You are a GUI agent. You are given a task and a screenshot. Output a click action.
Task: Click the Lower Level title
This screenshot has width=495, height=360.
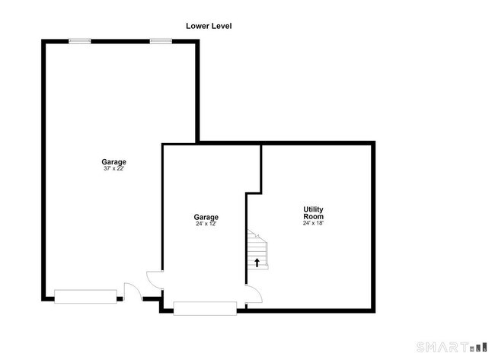tap(209, 26)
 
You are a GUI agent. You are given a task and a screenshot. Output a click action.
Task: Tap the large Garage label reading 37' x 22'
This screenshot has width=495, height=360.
tap(113, 162)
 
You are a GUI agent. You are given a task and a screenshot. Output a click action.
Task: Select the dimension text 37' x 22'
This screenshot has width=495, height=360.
tap(113, 168)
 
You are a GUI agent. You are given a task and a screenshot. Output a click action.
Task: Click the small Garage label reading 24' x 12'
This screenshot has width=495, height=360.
tap(206, 217)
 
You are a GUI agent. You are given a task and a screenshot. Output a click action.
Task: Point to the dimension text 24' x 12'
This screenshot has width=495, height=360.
tap(206, 224)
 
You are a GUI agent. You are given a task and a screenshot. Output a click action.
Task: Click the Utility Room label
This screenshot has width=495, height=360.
tap(313, 213)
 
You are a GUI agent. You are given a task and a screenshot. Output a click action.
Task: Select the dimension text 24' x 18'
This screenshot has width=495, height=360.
tap(313, 223)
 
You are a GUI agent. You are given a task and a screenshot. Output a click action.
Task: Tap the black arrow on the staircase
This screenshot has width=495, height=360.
tap(257, 263)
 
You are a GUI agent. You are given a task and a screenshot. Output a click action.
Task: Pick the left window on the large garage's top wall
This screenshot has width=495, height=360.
tap(80, 41)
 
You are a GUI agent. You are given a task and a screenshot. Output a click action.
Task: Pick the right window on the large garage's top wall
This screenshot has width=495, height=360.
tap(161, 41)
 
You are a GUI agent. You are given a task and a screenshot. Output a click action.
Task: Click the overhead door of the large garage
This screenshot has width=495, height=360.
tap(85, 297)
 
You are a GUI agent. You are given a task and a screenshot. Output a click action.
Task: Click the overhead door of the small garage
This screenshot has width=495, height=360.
tap(205, 308)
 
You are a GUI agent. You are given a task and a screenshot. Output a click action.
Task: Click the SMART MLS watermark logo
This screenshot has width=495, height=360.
tap(452, 347)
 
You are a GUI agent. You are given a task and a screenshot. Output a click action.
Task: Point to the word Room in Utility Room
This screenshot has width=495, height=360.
tap(313, 216)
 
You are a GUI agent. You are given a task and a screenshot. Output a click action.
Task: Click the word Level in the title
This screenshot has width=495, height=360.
tap(222, 26)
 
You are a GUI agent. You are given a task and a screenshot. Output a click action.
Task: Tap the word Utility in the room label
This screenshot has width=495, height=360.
tap(313, 209)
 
